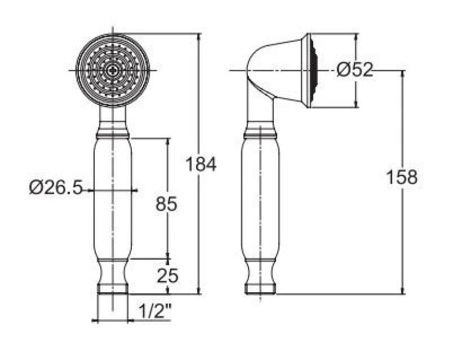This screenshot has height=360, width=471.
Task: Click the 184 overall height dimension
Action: pos(201,164)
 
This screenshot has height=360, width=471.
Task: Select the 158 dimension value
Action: pos(402,177)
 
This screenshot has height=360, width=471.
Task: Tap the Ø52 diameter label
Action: pos(355,70)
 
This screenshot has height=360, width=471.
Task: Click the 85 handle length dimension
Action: pos(167,204)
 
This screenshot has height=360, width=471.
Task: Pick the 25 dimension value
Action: pos(168,276)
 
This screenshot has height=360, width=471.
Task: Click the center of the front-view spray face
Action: pos(112,70)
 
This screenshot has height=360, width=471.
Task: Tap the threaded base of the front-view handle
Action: pos(112,289)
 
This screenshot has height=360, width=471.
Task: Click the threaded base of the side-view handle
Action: pos(260,289)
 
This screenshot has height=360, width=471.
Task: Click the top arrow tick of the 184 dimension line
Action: pos(199,34)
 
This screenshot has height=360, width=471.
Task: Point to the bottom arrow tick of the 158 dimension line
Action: pos(403,293)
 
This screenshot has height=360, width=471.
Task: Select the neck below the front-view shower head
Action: pos(112,115)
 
